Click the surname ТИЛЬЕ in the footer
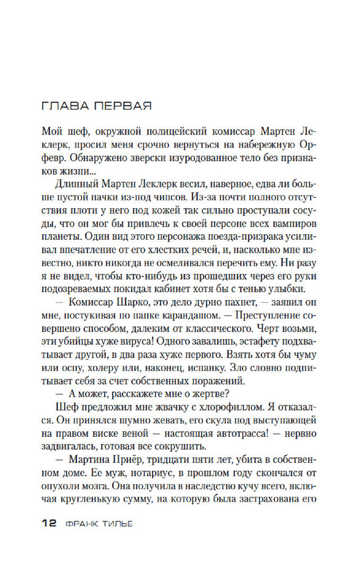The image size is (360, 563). pyautogui.click(x=119, y=523)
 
